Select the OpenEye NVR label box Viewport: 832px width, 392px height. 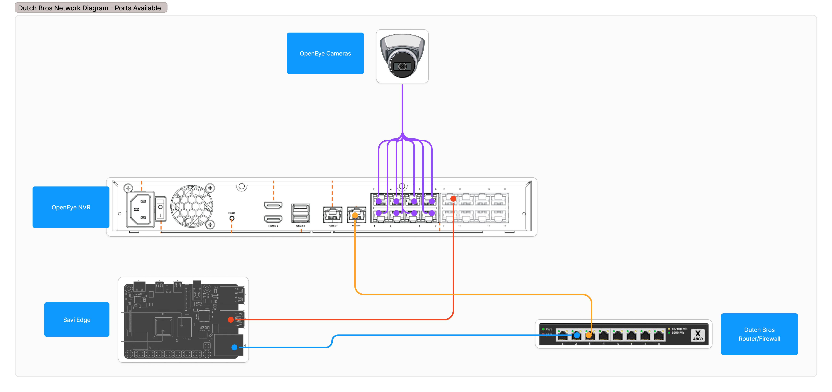(71, 207)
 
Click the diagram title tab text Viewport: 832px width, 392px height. (89, 8)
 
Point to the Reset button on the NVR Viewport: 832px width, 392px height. (232, 218)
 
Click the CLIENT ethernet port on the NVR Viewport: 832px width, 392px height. (332, 215)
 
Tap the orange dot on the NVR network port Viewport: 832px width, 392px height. (355, 215)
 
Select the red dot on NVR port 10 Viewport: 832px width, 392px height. (453, 199)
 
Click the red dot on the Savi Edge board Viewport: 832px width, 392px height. (231, 320)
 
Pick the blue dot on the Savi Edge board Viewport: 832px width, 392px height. (234, 347)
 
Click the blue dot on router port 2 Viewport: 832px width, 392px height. (576, 335)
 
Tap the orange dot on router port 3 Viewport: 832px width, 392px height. (589, 335)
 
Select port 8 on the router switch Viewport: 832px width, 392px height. (659, 336)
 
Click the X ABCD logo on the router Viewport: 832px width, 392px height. (698, 335)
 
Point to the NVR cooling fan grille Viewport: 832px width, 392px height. (192, 206)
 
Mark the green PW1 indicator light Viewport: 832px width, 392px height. (543, 329)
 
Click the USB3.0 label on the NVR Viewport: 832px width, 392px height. (300, 226)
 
